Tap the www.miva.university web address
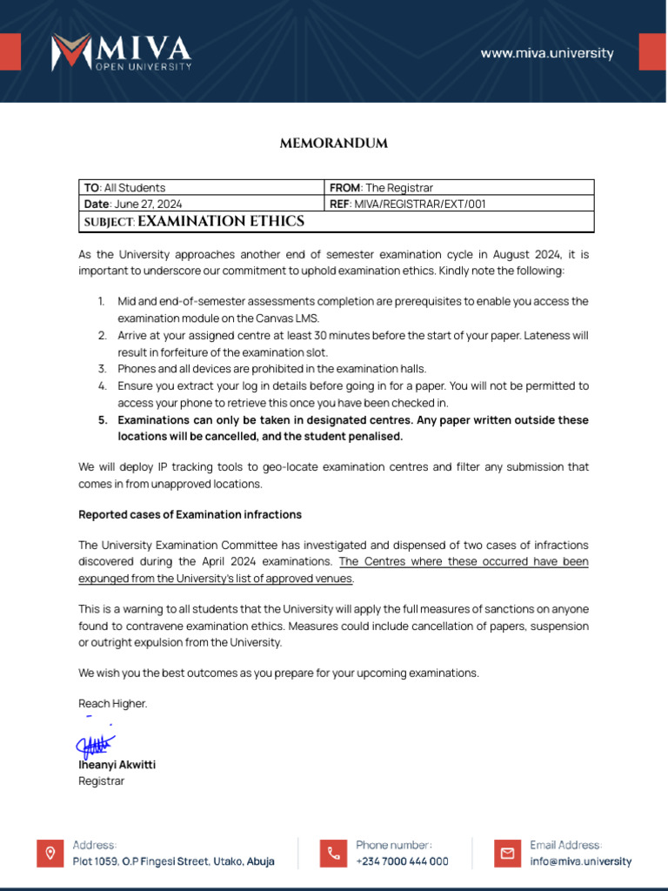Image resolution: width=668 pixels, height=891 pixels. click(547, 53)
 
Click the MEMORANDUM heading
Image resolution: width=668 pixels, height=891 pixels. click(333, 144)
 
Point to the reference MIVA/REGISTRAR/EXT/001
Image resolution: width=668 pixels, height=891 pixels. click(420, 204)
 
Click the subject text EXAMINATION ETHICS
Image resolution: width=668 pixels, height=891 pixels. click(221, 222)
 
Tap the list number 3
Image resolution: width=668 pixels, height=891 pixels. click(101, 369)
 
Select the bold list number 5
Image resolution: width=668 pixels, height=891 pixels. click(101, 420)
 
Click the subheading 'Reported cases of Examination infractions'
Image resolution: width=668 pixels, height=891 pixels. click(190, 515)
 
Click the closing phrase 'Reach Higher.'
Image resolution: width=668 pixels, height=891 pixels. click(113, 703)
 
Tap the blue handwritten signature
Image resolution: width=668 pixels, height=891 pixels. click(94, 745)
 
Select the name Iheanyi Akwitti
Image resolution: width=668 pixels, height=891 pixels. click(117, 765)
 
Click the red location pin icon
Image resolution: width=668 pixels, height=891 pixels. click(50, 853)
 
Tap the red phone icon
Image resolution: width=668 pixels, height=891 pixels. click(333, 853)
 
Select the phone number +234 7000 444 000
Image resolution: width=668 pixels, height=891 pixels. click(402, 861)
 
